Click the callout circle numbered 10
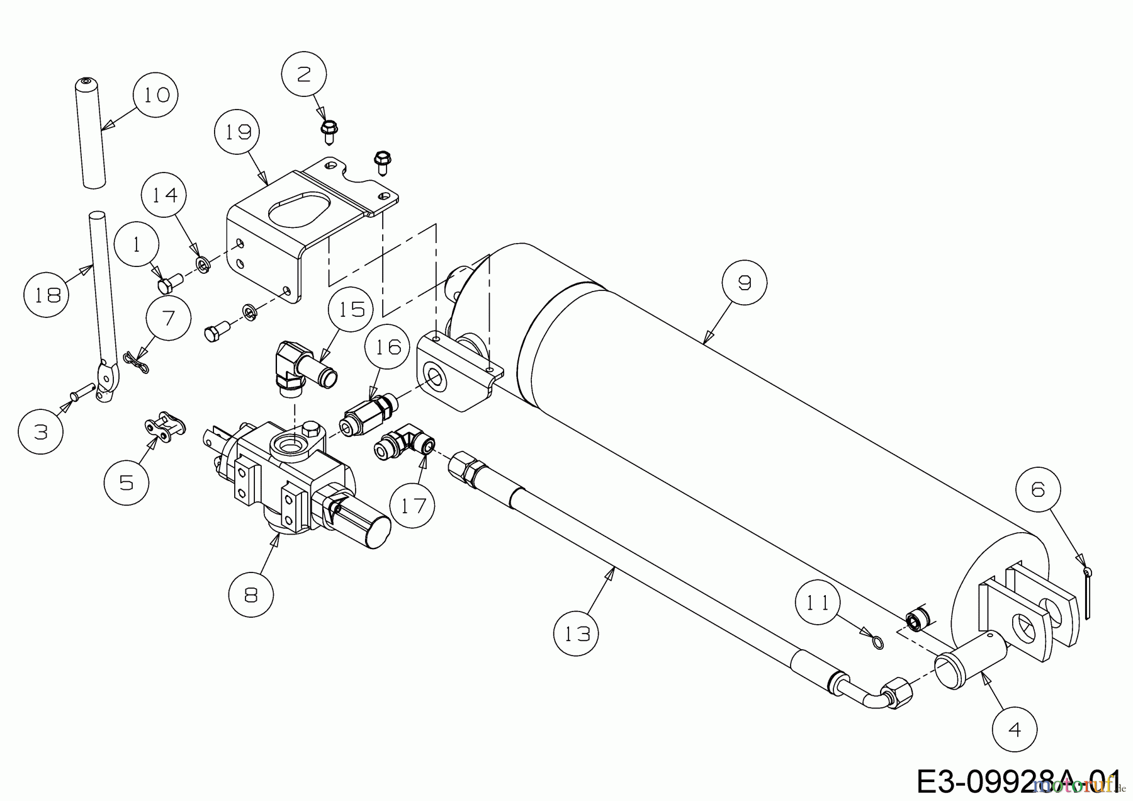[x=155, y=95]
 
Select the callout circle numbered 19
[x=237, y=132]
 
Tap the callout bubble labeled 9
[x=745, y=283]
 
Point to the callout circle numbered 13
[x=577, y=633]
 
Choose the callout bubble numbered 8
[x=251, y=595]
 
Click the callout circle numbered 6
[x=1037, y=490]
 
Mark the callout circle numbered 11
[x=818, y=603]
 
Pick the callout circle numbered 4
[x=1015, y=729]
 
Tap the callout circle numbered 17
[x=414, y=505]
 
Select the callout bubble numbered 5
[x=127, y=483]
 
